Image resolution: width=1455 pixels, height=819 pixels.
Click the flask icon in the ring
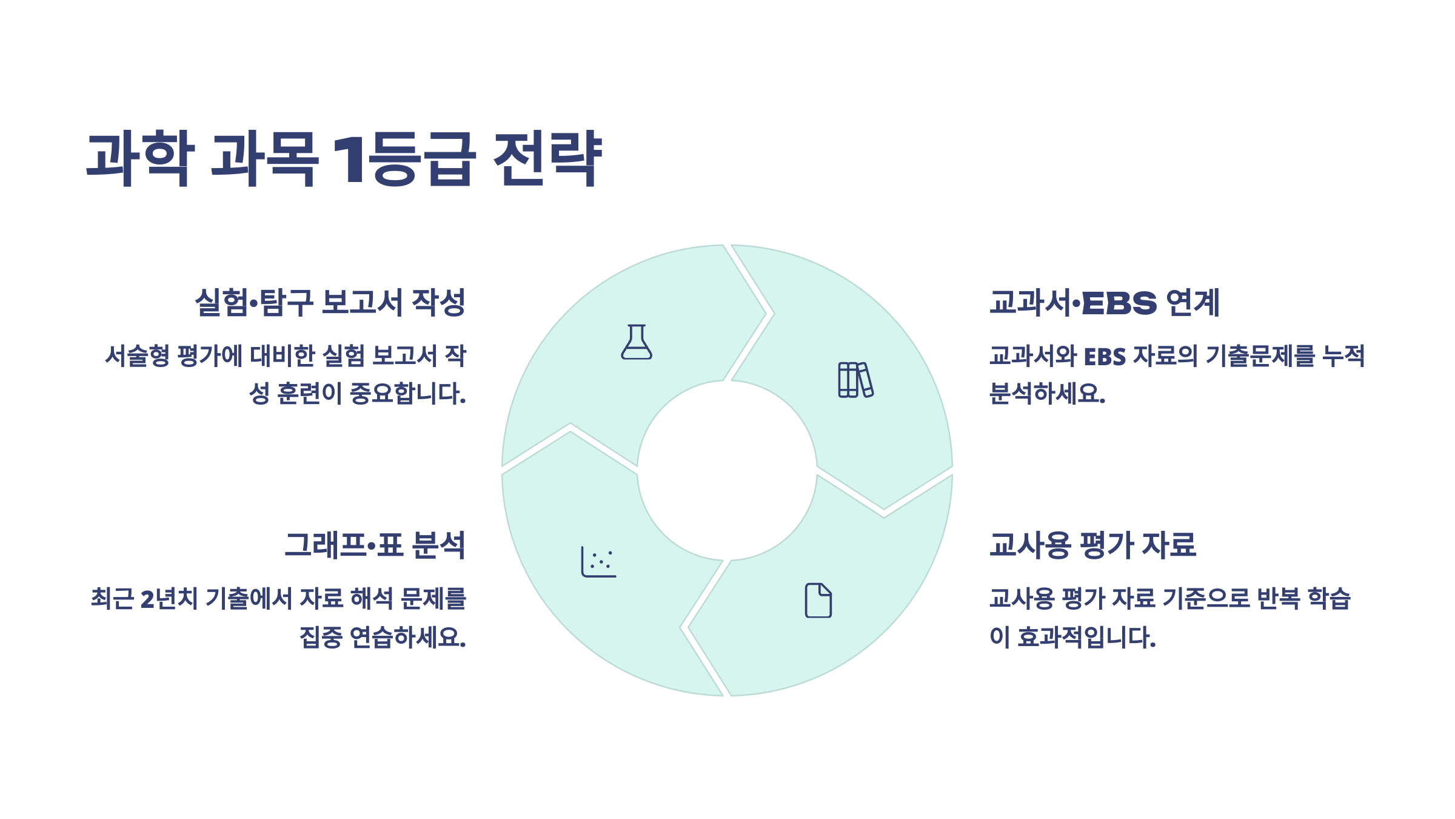pyautogui.click(x=637, y=342)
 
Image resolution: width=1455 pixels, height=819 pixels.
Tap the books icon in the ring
pyautogui.click(x=855, y=380)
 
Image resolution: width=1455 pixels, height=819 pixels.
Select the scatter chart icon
pyautogui.click(x=598, y=562)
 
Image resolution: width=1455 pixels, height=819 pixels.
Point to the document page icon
pyautogui.click(x=818, y=601)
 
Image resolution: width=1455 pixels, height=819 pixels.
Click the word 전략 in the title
pyautogui.click(x=547, y=158)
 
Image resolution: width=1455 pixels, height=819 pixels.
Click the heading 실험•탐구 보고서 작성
pyautogui.click(x=330, y=302)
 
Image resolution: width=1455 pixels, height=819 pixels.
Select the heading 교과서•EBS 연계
pyautogui.click(x=1104, y=302)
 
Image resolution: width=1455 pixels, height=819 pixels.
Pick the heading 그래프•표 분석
pyautogui.click(x=375, y=545)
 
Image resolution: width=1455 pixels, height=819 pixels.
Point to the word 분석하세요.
pyautogui.click(x=1047, y=394)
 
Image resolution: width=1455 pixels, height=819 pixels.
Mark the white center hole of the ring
pyautogui.click(x=727, y=470)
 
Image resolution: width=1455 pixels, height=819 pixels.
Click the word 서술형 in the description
pyautogui.click(x=137, y=356)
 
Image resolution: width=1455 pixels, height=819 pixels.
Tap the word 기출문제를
pyautogui.click(x=1260, y=356)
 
